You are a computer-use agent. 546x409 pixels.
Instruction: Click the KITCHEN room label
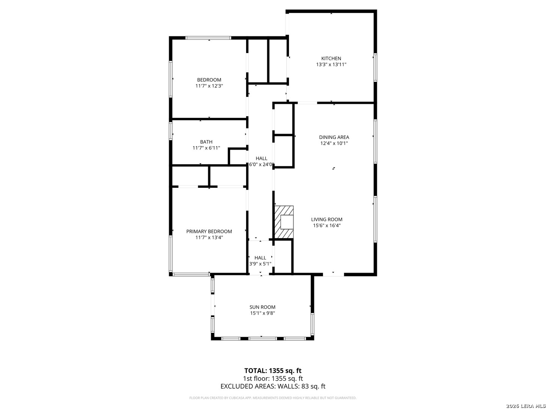331,58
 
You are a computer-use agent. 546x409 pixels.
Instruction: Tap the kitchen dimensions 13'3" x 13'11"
331,64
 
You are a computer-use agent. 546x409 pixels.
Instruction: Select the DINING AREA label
334,137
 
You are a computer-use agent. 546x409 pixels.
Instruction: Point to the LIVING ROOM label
326,219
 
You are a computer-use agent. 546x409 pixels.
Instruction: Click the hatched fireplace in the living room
284,222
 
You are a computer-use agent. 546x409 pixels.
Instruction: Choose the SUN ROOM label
262,307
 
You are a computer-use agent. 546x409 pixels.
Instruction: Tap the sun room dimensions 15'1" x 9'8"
262,313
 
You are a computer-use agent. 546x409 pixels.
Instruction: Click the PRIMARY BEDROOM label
209,231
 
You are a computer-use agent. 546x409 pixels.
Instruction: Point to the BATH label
206,142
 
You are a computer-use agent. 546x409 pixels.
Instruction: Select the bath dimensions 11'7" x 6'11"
206,148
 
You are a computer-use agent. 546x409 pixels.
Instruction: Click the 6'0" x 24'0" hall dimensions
261,164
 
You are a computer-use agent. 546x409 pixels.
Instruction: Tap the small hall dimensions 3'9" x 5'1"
260,264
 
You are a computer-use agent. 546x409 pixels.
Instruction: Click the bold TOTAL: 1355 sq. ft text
273,370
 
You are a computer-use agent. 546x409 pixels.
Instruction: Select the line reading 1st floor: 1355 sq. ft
273,378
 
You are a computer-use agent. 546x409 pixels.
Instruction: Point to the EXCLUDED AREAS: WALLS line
273,386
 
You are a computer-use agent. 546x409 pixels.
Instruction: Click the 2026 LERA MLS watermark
526,406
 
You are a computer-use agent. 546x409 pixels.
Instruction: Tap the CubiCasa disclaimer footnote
273,398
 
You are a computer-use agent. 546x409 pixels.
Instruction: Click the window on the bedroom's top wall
209,38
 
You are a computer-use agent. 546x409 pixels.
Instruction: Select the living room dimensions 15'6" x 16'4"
326,225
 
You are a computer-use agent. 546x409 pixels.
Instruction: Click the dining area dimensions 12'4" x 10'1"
334,143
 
